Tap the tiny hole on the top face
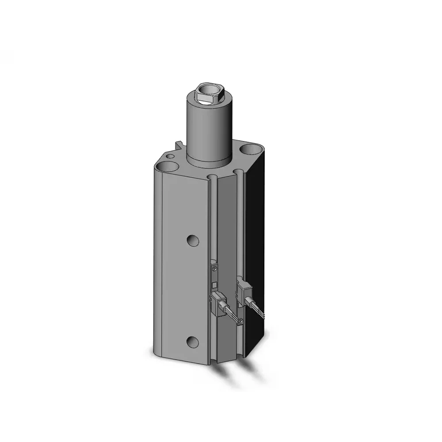tap(170, 156)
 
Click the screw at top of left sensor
tap(215, 268)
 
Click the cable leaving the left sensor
tap(232, 313)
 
